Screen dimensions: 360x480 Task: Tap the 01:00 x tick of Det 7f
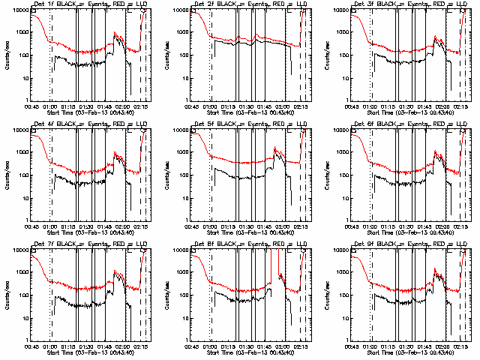click(x=52, y=346)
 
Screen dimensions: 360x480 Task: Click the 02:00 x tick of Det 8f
click(x=285, y=346)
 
